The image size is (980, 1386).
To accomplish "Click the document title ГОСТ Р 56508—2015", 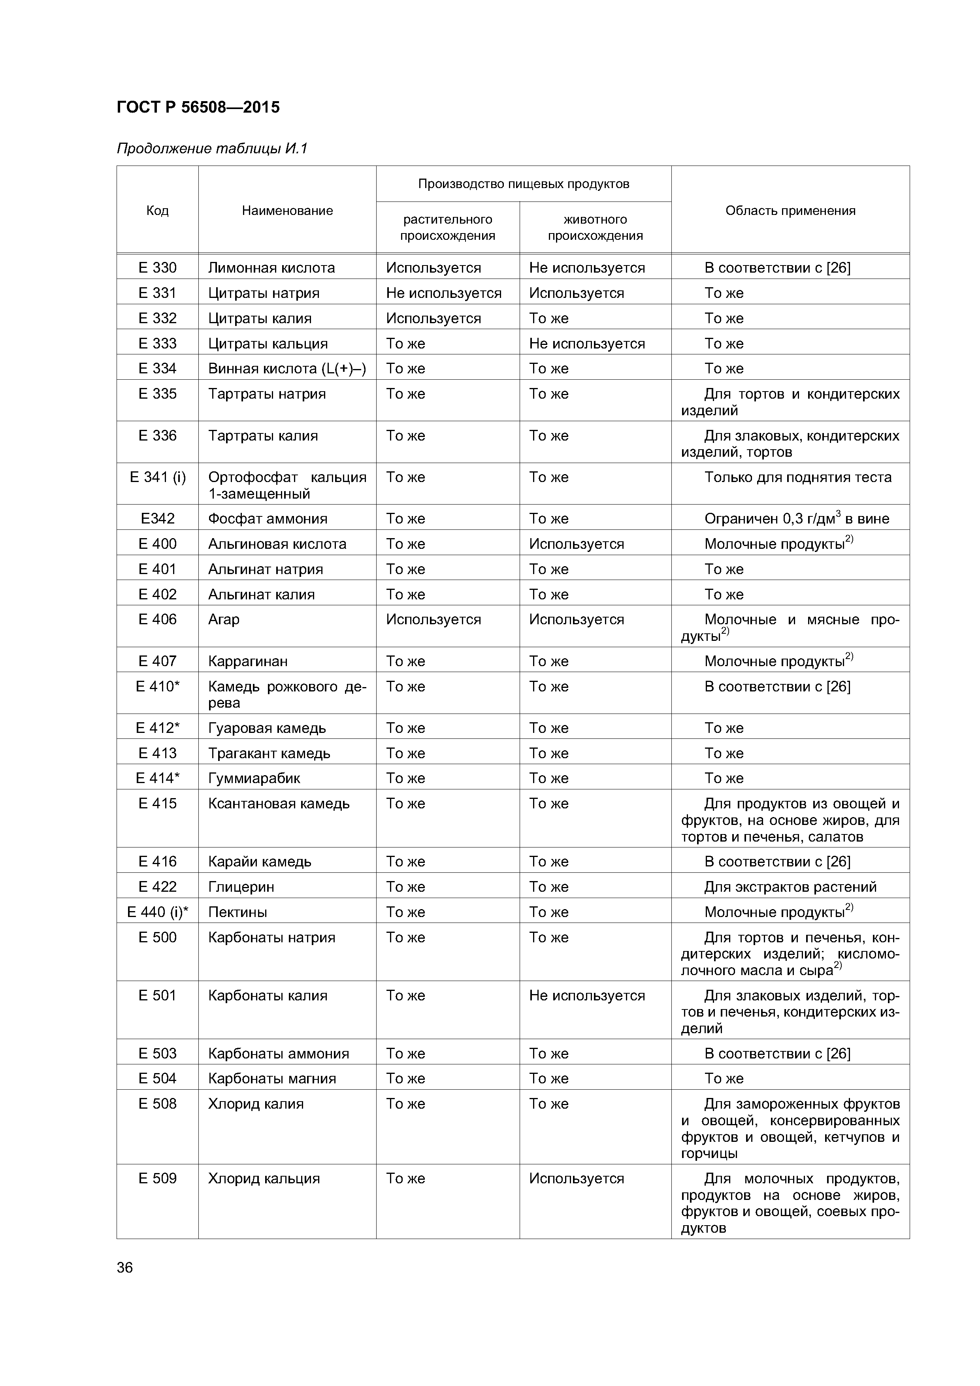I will [x=198, y=107].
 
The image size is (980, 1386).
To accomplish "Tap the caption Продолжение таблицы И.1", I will [x=212, y=149].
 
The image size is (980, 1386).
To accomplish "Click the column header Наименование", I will [x=287, y=211].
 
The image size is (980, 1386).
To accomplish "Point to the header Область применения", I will [x=790, y=211].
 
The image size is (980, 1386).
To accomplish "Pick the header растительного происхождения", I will [x=447, y=228].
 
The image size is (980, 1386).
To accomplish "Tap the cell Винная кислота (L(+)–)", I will [x=287, y=368].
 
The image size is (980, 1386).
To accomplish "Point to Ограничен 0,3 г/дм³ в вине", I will [x=796, y=518].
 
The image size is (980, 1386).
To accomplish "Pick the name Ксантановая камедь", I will [x=278, y=804].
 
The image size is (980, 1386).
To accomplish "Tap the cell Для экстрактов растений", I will [x=790, y=887].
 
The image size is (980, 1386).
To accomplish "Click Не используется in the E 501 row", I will [x=586, y=995].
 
